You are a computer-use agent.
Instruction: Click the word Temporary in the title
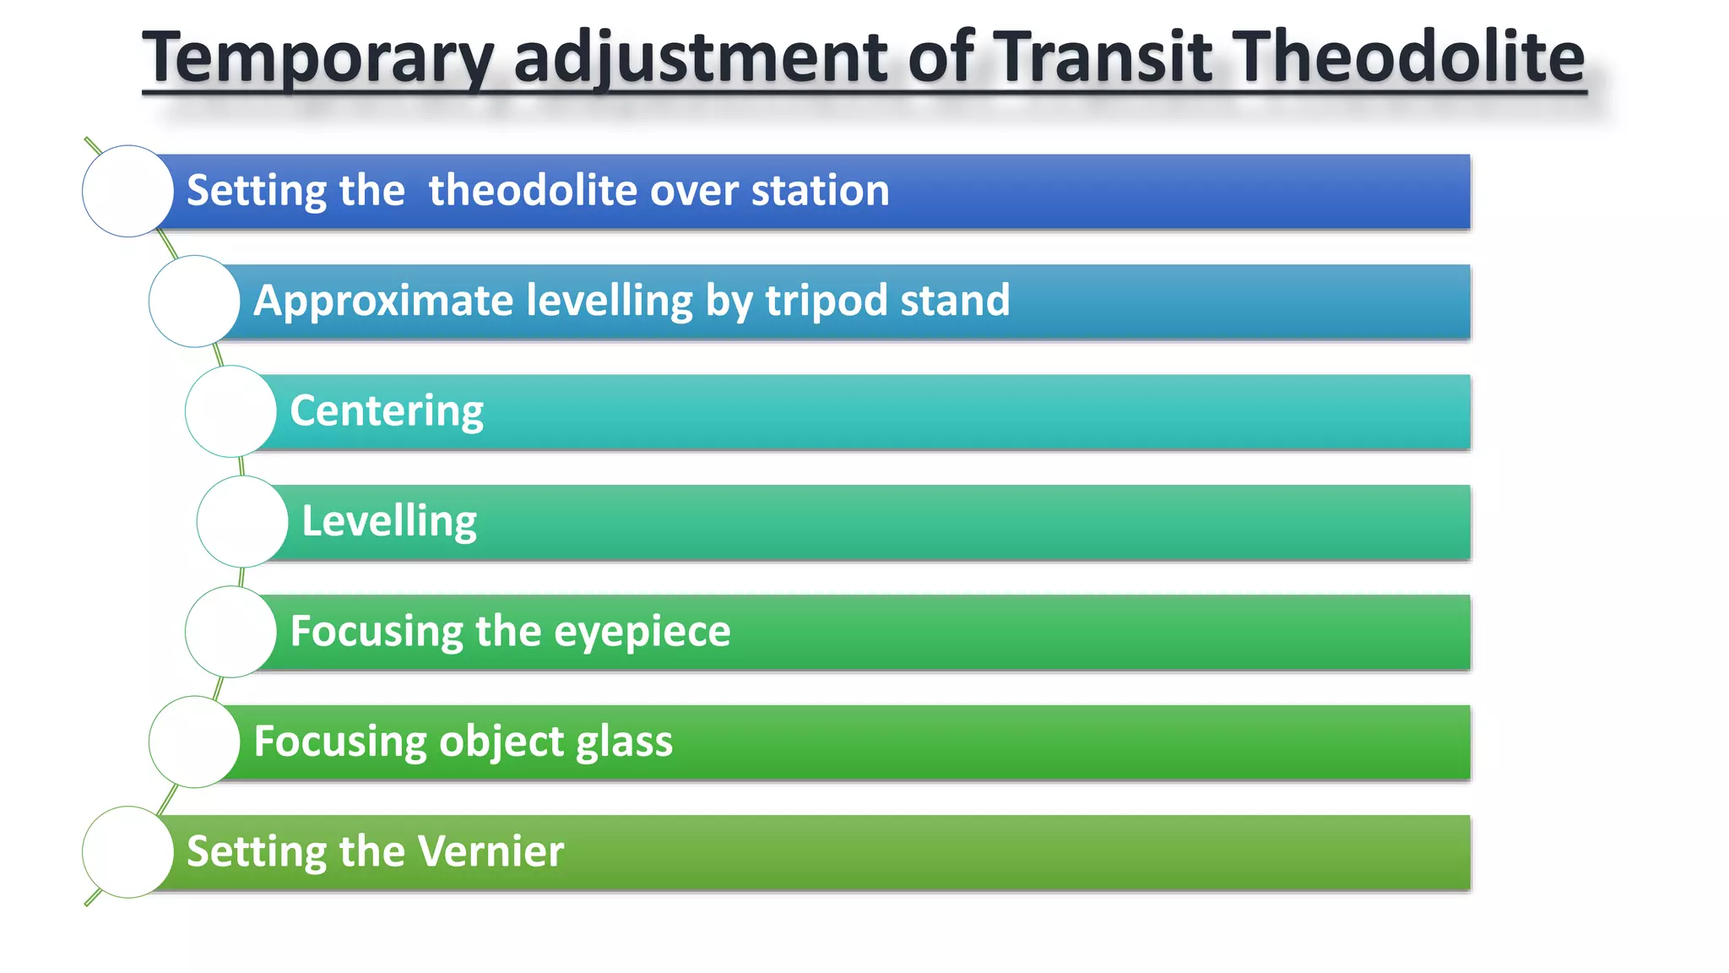click(x=317, y=57)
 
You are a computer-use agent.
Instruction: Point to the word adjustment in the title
click(x=701, y=57)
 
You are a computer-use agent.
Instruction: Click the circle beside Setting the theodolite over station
click(x=127, y=191)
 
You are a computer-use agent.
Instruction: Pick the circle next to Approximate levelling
click(x=194, y=302)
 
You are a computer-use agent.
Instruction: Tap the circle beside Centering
click(x=230, y=411)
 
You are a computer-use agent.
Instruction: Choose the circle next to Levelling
click(x=242, y=522)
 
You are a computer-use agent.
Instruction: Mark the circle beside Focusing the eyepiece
click(x=230, y=632)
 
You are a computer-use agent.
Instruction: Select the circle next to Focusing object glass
click(x=194, y=742)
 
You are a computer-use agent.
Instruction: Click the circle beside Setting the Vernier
click(x=127, y=852)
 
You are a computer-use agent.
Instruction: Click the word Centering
click(x=387, y=411)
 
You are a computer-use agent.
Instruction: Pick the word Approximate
click(x=383, y=301)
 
